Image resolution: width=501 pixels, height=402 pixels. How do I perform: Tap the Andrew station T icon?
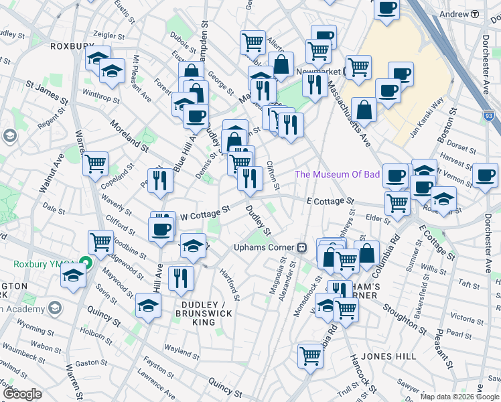point(475,14)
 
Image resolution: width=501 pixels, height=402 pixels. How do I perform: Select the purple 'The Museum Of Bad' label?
point(338,175)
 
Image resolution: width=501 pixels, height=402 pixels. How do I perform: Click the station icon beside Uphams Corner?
point(302,247)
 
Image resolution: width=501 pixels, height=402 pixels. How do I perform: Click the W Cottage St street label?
point(206,212)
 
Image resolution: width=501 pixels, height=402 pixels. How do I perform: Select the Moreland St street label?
point(129,135)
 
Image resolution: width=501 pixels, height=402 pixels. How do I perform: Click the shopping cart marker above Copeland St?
point(96,163)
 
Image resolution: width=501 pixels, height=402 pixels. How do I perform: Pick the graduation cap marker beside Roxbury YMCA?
point(73,275)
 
